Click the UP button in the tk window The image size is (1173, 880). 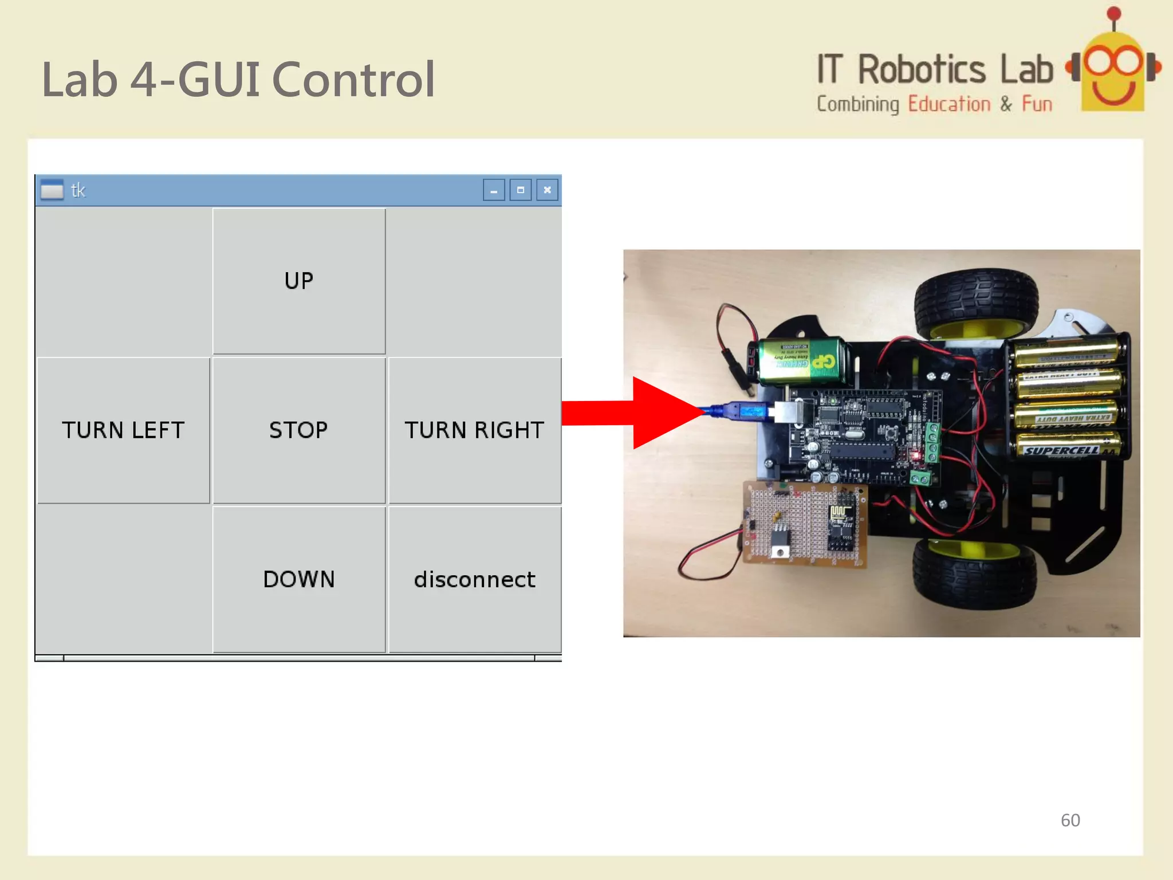tap(298, 281)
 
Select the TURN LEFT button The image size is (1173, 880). tap(123, 430)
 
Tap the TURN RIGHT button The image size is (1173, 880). tap(474, 430)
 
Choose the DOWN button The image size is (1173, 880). tap(298, 579)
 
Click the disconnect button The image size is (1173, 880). tap(474, 579)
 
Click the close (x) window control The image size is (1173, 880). tap(547, 190)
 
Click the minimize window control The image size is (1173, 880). tap(493, 190)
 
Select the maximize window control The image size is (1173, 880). tap(520, 190)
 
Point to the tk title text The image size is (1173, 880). tap(78, 190)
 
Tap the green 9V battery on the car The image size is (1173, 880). tap(799, 361)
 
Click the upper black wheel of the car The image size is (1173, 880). tap(977, 304)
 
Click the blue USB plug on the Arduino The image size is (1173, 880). tap(745, 411)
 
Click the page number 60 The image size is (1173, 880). tap(1070, 820)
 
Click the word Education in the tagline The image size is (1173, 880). tap(949, 104)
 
